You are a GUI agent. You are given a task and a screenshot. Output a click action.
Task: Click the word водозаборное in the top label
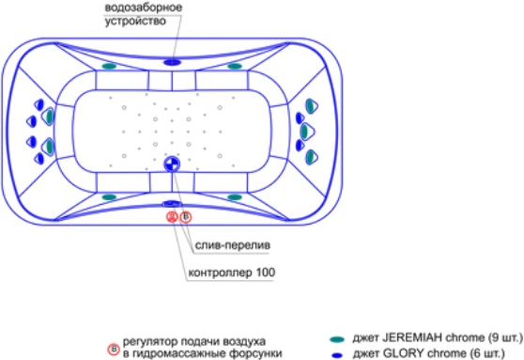[x=144, y=8]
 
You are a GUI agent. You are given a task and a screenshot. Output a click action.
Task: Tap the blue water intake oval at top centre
[x=172, y=62]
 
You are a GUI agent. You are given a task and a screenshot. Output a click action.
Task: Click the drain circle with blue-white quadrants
[x=172, y=164]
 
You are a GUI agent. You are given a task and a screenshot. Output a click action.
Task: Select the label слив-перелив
[x=233, y=245]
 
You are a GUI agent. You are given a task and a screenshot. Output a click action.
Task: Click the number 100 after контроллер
[x=266, y=273]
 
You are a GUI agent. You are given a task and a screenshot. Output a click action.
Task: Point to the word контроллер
[x=221, y=273]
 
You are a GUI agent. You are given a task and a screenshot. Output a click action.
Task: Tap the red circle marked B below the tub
[x=186, y=217]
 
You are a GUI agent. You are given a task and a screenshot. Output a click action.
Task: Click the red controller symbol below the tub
[x=172, y=217]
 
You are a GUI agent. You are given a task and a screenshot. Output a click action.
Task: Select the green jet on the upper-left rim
[x=109, y=66]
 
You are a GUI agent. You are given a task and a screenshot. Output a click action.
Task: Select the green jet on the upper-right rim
[x=235, y=66]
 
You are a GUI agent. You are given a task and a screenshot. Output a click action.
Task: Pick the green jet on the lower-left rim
[x=109, y=197]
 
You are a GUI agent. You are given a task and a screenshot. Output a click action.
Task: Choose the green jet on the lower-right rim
[x=235, y=197]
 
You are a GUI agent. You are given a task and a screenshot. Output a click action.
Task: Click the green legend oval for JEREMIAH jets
[x=337, y=339]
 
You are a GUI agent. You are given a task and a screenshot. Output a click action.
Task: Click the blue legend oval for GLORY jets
[x=337, y=355]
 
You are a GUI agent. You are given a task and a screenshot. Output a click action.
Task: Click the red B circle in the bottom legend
[x=114, y=350]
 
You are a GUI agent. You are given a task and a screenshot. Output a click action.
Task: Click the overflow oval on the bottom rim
[x=172, y=203]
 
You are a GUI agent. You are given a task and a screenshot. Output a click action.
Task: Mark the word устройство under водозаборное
[x=135, y=21]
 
